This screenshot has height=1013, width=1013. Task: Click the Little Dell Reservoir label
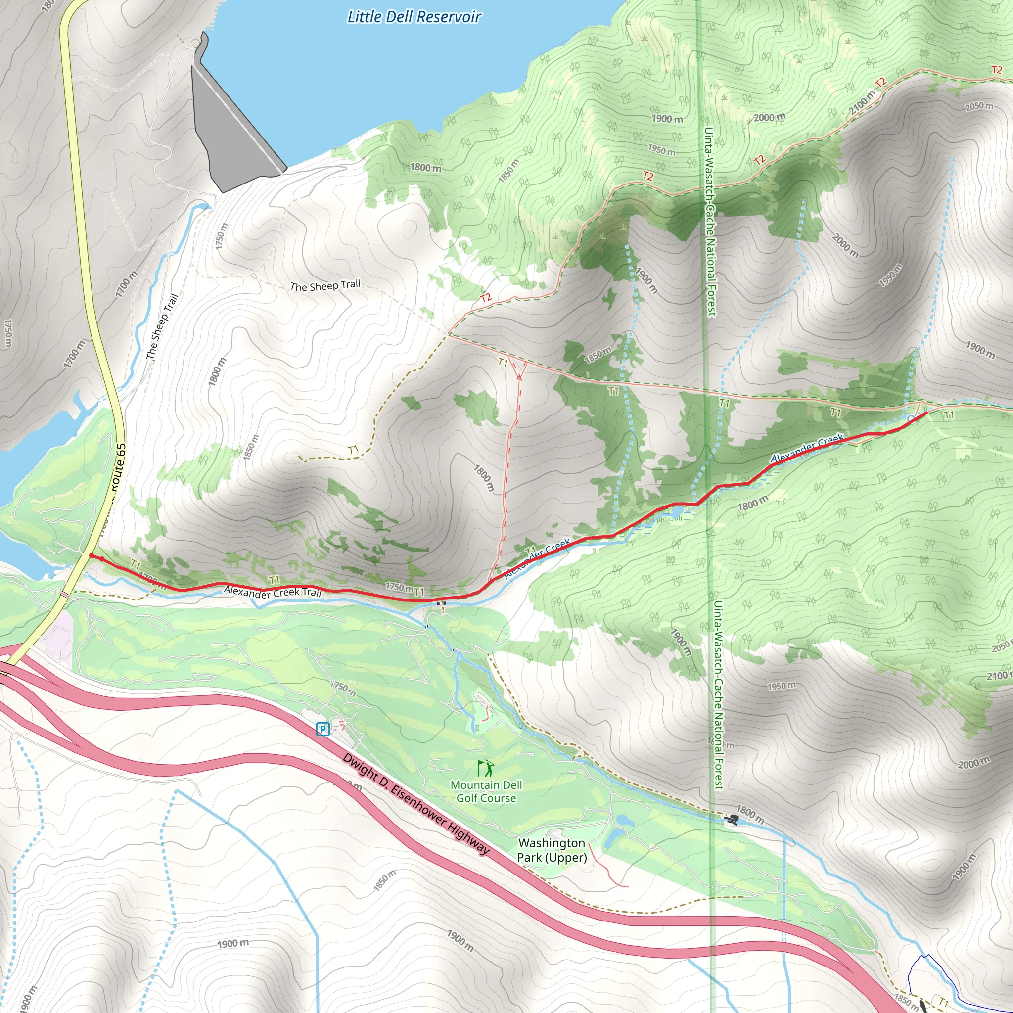[x=414, y=17]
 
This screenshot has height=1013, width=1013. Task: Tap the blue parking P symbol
[x=323, y=729]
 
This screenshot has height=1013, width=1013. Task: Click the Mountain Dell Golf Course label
[x=486, y=791]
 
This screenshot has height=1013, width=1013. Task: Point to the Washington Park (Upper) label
[x=552, y=850]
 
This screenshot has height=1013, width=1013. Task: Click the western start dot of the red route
[x=92, y=556]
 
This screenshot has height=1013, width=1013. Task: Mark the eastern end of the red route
[x=926, y=413]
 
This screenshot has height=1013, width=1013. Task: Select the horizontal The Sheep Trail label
[x=325, y=286]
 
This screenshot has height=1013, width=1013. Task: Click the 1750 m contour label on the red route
[x=399, y=587]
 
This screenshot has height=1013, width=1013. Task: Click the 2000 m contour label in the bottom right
[x=973, y=763]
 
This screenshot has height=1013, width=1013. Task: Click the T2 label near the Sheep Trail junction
[x=486, y=298]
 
